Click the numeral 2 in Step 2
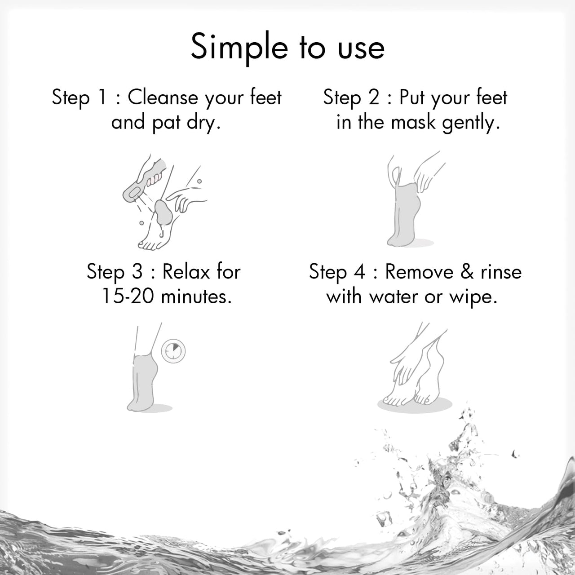click(x=374, y=97)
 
